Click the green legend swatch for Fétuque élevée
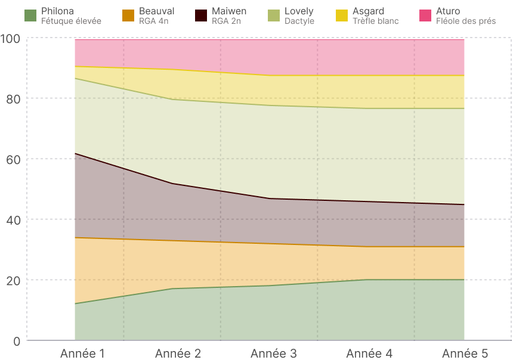pos(30,15)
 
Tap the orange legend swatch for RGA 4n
pos(128,15)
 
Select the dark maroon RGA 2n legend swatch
pos(201,15)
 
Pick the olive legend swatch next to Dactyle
pos(273,15)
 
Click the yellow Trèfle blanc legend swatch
pos(342,15)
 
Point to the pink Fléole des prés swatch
pos(425,15)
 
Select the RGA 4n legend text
pos(153,21)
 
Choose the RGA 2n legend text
pos(227,21)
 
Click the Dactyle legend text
pos(299,21)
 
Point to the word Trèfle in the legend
pos(364,21)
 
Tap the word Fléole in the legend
pos(450,21)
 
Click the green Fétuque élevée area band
pos(268,313)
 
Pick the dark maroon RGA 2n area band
pos(268,221)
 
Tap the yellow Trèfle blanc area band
pos(268,89)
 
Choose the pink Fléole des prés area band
pos(268,57)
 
